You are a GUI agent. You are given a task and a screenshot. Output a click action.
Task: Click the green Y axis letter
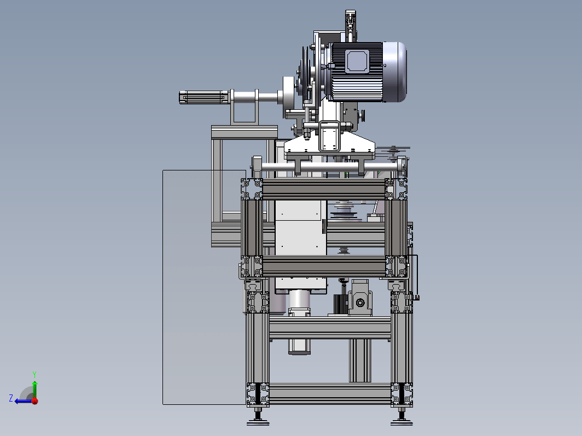click(x=34, y=374)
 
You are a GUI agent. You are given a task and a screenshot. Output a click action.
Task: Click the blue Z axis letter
click(x=11, y=398)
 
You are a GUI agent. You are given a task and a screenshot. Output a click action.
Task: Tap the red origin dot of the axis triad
click(x=35, y=401)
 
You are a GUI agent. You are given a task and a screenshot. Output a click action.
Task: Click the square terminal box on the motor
click(x=357, y=61)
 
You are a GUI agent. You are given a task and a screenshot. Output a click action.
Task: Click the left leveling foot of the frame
click(x=258, y=417)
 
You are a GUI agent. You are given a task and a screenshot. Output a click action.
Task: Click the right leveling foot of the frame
click(x=401, y=417)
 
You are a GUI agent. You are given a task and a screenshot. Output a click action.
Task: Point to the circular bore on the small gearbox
click(x=360, y=303)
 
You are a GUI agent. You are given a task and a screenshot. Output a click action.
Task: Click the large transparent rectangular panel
click(x=204, y=287)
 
